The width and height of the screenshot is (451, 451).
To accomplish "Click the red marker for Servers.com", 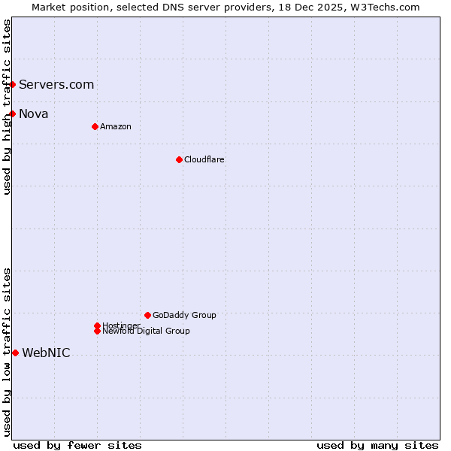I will pos(13,84).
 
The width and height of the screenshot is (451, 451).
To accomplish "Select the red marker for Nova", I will pos(13,114).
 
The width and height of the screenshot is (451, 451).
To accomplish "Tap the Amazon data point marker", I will pos(95,126).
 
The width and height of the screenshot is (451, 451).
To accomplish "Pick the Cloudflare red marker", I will pos(179,159).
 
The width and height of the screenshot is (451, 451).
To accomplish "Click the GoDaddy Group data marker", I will pos(147,315).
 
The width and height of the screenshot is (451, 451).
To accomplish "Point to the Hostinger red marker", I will pos(97,325).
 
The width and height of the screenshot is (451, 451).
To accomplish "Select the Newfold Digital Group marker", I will pos(97,331).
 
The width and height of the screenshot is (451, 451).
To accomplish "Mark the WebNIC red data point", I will pos(15,353).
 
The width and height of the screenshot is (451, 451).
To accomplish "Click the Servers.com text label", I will pos(56,84).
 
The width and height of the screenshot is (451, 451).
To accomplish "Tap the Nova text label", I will pos(34,114).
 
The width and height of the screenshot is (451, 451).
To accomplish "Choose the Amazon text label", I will pos(116,126).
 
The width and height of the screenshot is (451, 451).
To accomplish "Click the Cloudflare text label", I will pos(204,159).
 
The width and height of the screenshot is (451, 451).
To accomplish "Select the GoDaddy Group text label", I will pos(184,315).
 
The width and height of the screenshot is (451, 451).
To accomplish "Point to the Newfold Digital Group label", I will pos(146,331).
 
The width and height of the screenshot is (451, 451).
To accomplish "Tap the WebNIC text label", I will pos(46,353).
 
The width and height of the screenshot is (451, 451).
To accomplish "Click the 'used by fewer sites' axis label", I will pos(77,445).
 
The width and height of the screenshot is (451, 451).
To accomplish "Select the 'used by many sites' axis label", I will pos(377,445).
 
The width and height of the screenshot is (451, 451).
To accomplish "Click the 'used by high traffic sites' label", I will pos(7,107).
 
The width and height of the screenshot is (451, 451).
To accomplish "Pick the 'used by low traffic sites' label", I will pos(7,352).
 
